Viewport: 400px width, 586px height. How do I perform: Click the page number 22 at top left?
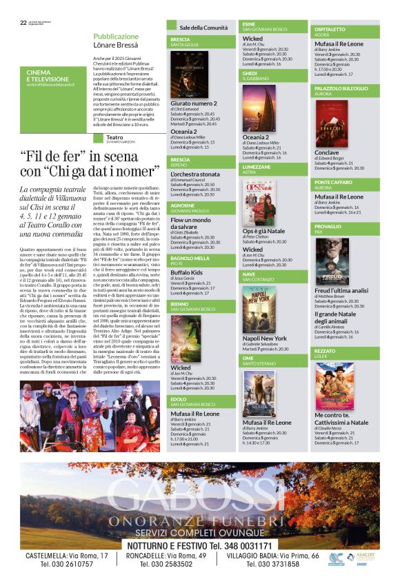point(23,22)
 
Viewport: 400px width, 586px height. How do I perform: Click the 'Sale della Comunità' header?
point(203,28)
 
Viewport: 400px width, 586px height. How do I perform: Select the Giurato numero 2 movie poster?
point(190,75)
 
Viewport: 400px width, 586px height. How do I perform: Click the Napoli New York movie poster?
point(259,307)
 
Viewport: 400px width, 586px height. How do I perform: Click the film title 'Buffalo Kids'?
point(186,272)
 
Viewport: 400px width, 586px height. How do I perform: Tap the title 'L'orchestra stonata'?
point(195,174)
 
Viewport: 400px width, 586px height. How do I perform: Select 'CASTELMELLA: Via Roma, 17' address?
point(67,556)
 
